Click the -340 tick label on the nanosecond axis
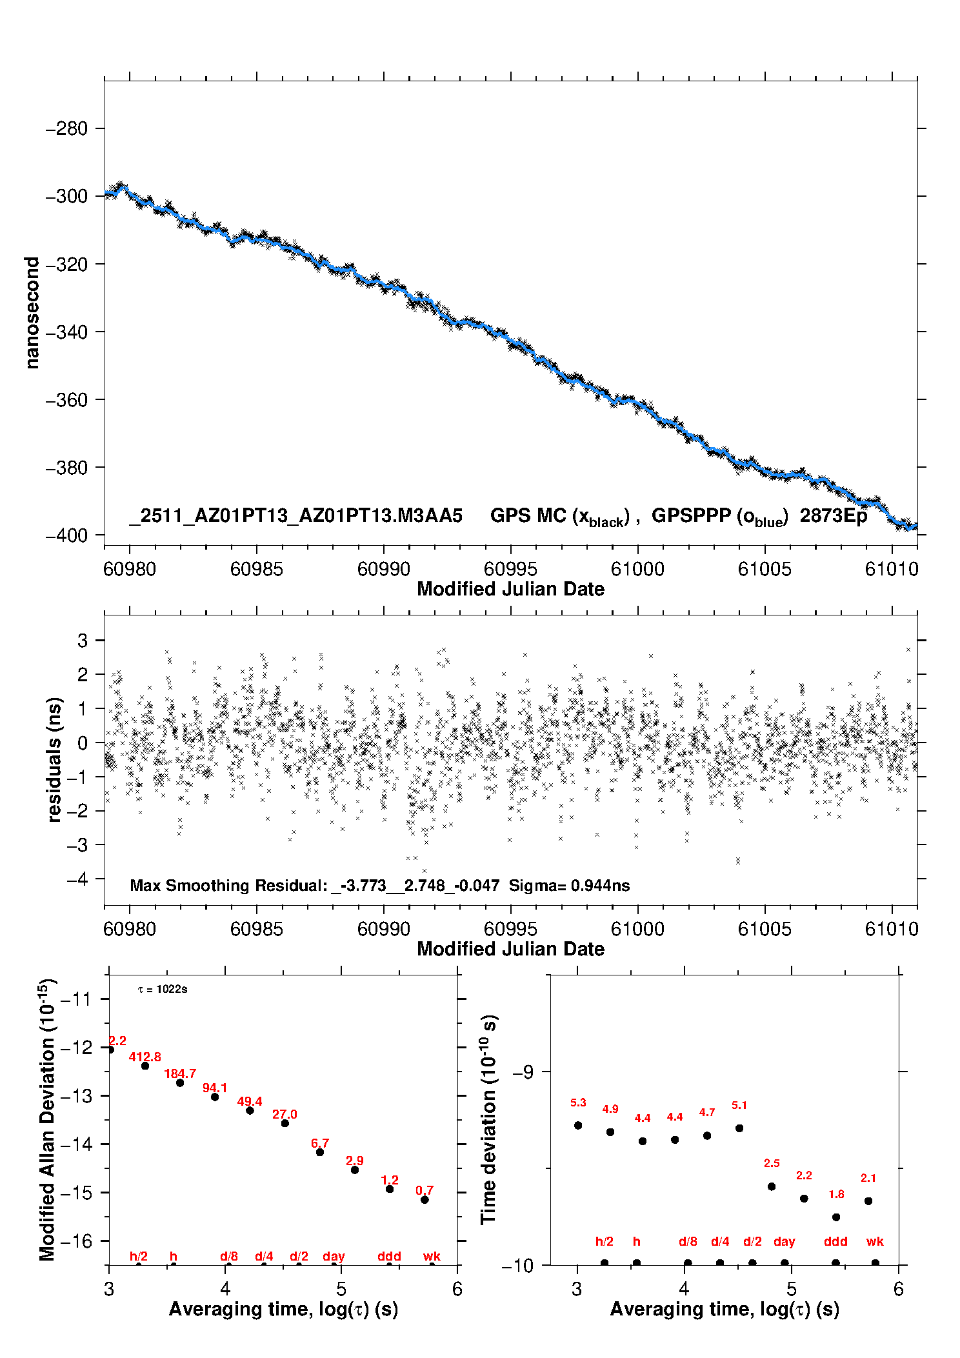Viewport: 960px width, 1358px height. (x=66, y=332)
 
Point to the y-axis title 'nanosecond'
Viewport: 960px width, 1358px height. (x=32, y=313)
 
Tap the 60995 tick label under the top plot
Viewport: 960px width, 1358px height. (x=510, y=569)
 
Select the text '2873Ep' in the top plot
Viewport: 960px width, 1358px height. (x=833, y=516)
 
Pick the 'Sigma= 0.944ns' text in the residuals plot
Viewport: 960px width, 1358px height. (x=569, y=885)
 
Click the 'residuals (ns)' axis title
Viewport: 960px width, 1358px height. (x=55, y=759)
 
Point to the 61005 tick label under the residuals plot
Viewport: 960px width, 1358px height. (x=765, y=929)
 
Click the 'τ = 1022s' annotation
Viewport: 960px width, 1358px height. (x=163, y=989)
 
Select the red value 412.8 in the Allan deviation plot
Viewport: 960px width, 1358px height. (x=145, y=1057)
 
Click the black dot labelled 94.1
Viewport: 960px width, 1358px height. (x=215, y=1097)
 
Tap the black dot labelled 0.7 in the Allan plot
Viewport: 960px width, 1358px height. (x=425, y=1200)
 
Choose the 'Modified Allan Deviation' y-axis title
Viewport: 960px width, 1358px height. (x=47, y=1119)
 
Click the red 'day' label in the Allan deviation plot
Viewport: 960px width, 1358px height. (x=334, y=1256)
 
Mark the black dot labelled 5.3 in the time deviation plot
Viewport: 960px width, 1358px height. (x=578, y=1125)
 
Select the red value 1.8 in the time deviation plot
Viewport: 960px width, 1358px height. (x=836, y=1194)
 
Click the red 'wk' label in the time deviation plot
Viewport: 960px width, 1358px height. (x=875, y=1241)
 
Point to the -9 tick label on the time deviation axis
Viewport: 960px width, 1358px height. (x=523, y=1072)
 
